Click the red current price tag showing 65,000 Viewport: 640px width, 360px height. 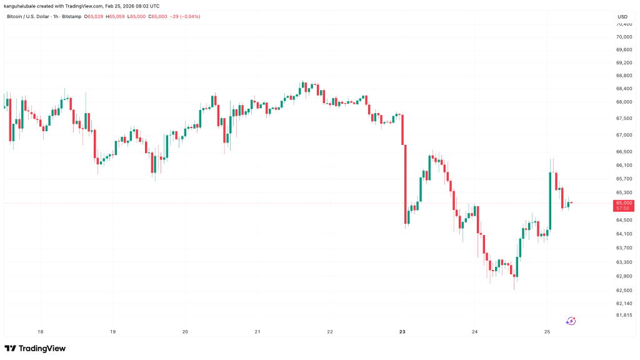tap(624, 203)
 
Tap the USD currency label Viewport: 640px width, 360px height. tap(622, 16)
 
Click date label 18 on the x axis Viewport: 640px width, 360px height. tap(41, 331)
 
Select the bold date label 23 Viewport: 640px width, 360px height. tap(402, 331)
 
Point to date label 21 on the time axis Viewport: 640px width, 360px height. tap(257, 331)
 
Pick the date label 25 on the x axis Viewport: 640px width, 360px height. tap(547, 331)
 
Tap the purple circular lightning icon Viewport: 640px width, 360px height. tap(571, 321)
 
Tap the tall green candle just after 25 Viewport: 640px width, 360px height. tap(551, 201)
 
